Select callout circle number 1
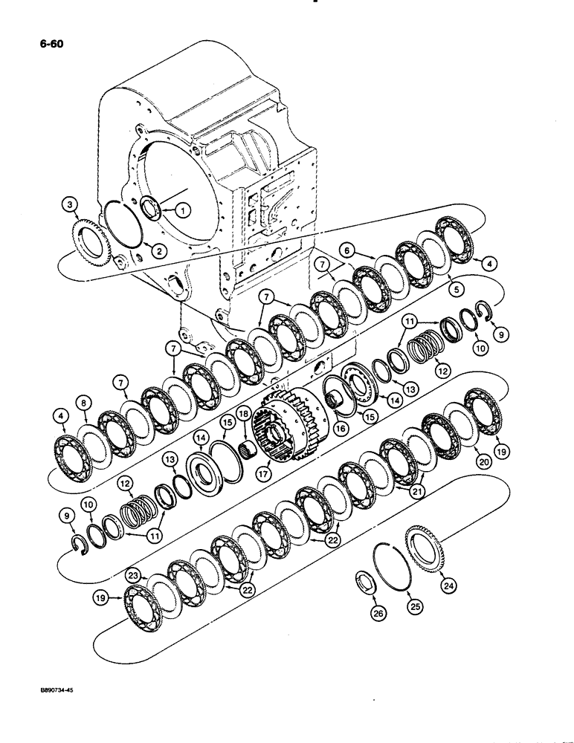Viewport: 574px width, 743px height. (180, 210)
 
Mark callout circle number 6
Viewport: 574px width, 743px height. (348, 250)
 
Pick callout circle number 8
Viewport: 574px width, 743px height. (84, 403)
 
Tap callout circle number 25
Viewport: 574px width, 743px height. (413, 606)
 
